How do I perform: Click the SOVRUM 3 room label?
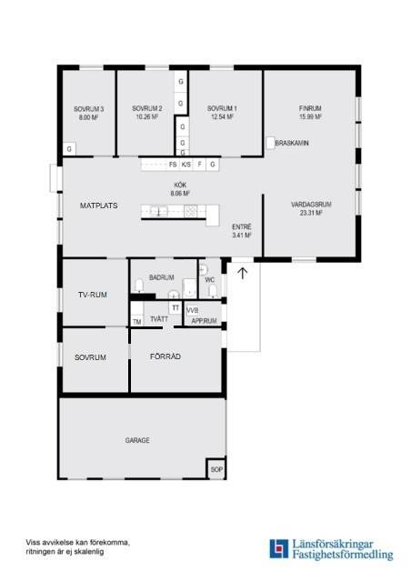(88, 109)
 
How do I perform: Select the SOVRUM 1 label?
(222, 108)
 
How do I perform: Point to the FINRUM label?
(310, 108)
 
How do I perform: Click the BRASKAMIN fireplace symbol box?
(270, 143)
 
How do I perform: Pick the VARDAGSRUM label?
(311, 205)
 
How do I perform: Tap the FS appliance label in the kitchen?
(173, 164)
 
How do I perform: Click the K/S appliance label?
(186, 164)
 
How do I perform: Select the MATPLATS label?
(99, 206)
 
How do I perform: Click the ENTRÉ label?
(242, 226)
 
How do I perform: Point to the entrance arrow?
(243, 273)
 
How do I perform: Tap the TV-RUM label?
(93, 295)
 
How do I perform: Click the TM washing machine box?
(137, 321)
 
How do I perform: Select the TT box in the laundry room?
(175, 307)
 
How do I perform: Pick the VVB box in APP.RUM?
(192, 310)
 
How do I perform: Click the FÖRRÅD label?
(165, 356)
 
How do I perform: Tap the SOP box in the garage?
(216, 469)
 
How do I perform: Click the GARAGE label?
(137, 440)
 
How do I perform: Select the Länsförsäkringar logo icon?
(279, 548)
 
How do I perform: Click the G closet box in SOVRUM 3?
(69, 149)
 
